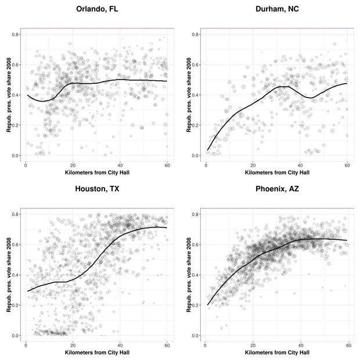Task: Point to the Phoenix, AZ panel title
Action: point(277,189)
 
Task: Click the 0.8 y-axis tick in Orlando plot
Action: point(16,34)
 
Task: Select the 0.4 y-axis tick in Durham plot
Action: point(196,95)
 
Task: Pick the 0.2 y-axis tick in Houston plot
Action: point(16,305)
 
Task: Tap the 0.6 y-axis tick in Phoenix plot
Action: point(196,244)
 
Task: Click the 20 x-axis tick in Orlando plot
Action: point(73,165)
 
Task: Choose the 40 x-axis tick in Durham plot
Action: point(300,165)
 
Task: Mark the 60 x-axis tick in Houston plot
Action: point(167,345)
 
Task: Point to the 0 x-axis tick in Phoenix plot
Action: point(206,345)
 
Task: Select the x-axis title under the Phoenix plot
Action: point(277,352)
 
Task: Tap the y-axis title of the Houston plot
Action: point(8,275)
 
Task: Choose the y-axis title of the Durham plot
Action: point(188,95)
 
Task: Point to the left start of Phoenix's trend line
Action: point(207,305)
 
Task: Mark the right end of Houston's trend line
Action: point(167,228)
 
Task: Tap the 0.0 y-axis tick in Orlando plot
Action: point(16,156)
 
